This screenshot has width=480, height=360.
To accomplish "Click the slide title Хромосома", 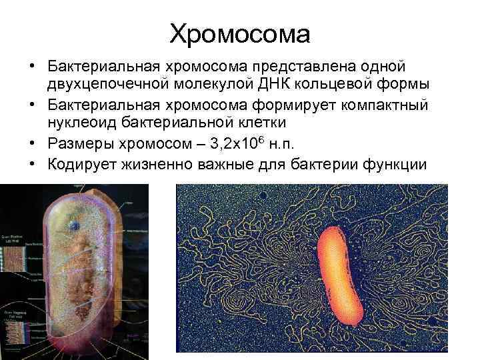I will [240, 33].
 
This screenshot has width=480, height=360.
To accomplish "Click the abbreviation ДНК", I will [290, 85].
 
